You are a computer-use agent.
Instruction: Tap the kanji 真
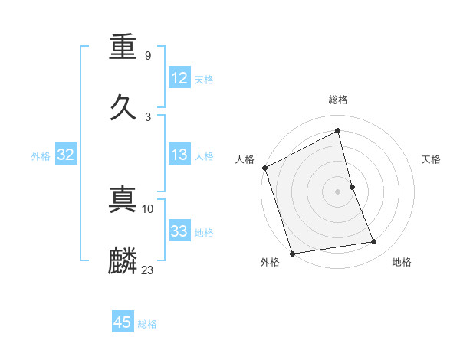(123, 201)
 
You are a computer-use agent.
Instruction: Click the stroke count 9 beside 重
(147, 56)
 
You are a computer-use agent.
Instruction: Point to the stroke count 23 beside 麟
(148, 270)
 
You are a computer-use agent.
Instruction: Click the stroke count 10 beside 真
(148, 208)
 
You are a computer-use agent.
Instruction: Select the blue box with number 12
(179, 78)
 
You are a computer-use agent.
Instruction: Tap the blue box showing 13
(179, 155)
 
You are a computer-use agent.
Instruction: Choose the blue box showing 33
(179, 231)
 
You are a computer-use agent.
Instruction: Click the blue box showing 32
(66, 155)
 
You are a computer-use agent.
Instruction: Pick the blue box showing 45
(123, 322)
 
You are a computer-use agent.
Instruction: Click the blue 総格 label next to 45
(147, 324)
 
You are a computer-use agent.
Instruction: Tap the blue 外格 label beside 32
(41, 156)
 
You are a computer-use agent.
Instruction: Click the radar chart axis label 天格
(431, 159)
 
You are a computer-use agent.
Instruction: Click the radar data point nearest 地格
(374, 242)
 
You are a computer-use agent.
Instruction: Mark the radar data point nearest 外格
(291, 253)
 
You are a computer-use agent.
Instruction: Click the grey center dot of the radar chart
(337, 191)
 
